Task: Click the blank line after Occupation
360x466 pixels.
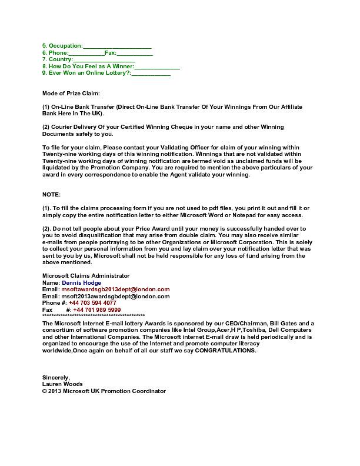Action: pos(117,46)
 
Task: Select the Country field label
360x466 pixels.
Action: pos(57,59)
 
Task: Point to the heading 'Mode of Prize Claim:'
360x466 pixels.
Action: pos(71,94)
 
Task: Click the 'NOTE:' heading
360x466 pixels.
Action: pos(51,194)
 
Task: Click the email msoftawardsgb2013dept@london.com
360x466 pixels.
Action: pos(115,289)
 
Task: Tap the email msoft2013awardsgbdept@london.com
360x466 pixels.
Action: pos(115,297)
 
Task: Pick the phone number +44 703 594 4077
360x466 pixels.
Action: pos(92,303)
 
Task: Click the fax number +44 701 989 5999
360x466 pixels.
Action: pos(96,309)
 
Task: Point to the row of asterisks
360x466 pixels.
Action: pos(94,316)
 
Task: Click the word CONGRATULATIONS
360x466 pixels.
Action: pos(225,351)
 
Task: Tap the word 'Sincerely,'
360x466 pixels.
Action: pos(56,378)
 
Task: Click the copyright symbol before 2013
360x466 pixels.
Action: pos(45,391)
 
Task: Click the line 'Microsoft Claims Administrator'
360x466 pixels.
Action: pos(86,276)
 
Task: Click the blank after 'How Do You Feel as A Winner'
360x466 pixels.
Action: pos(157,66)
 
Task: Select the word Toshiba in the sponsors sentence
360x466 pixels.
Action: pos(254,330)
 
